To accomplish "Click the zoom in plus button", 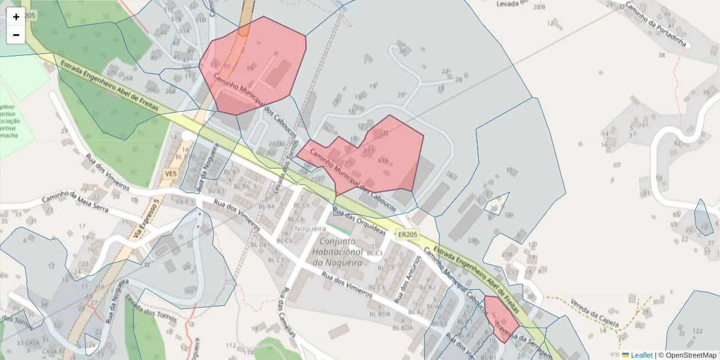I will tap(16, 17).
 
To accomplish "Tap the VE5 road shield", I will tap(171, 174).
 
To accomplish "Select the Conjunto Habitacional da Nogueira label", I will tap(337, 252).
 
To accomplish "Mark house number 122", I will tap(697, 331).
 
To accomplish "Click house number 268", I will tap(127, 78).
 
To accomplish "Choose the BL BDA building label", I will tap(403, 328).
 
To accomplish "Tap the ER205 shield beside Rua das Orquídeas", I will tap(407, 235).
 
